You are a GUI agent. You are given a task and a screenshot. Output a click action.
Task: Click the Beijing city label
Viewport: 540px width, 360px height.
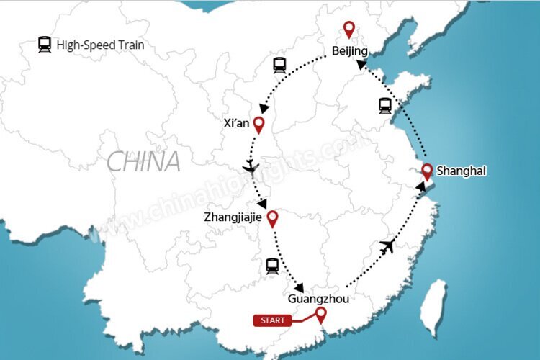pyautogui.click(x=350, y=51)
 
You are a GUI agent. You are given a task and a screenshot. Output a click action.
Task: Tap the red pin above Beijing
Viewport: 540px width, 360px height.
pyautogui.click(x=349, y=30)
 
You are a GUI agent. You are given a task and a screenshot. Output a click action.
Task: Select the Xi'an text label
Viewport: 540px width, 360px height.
pyautogui.click(x=237, y=123)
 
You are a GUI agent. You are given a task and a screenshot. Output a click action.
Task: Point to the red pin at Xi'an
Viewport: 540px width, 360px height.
pyautogui.click(x=258, y=125)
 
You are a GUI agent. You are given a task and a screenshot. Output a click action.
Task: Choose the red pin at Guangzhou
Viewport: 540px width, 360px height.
pyautogui.click(x=321, y=314)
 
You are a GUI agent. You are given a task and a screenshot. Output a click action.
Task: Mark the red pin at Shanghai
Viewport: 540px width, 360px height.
pyautogui.click(x=427, y=171)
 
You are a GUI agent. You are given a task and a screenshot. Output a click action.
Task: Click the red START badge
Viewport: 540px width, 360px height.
pyautogui.click(x=273, y=320)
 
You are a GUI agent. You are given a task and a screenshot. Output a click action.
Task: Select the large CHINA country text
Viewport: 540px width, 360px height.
pyautogui.click(x=144, y=162)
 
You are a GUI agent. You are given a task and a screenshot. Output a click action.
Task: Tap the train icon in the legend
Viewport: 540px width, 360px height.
pyautogui.click(x=45, y=45)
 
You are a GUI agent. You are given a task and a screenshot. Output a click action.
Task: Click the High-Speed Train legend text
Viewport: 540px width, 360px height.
pyautogui.click(x=100, y=45)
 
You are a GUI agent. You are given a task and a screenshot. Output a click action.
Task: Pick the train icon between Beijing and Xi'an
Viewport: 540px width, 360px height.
pyautogui.click(x=279, y=65)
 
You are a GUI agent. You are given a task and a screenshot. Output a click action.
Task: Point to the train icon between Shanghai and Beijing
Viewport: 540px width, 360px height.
pyautogui.click(x=385, y=106)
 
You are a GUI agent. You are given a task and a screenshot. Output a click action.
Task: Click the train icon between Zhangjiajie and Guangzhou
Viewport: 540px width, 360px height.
pyautogui.click(x=271, y=266)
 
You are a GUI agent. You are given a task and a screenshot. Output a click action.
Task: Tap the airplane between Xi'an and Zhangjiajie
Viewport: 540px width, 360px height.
pyautogui.click(x=251, y=168)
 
